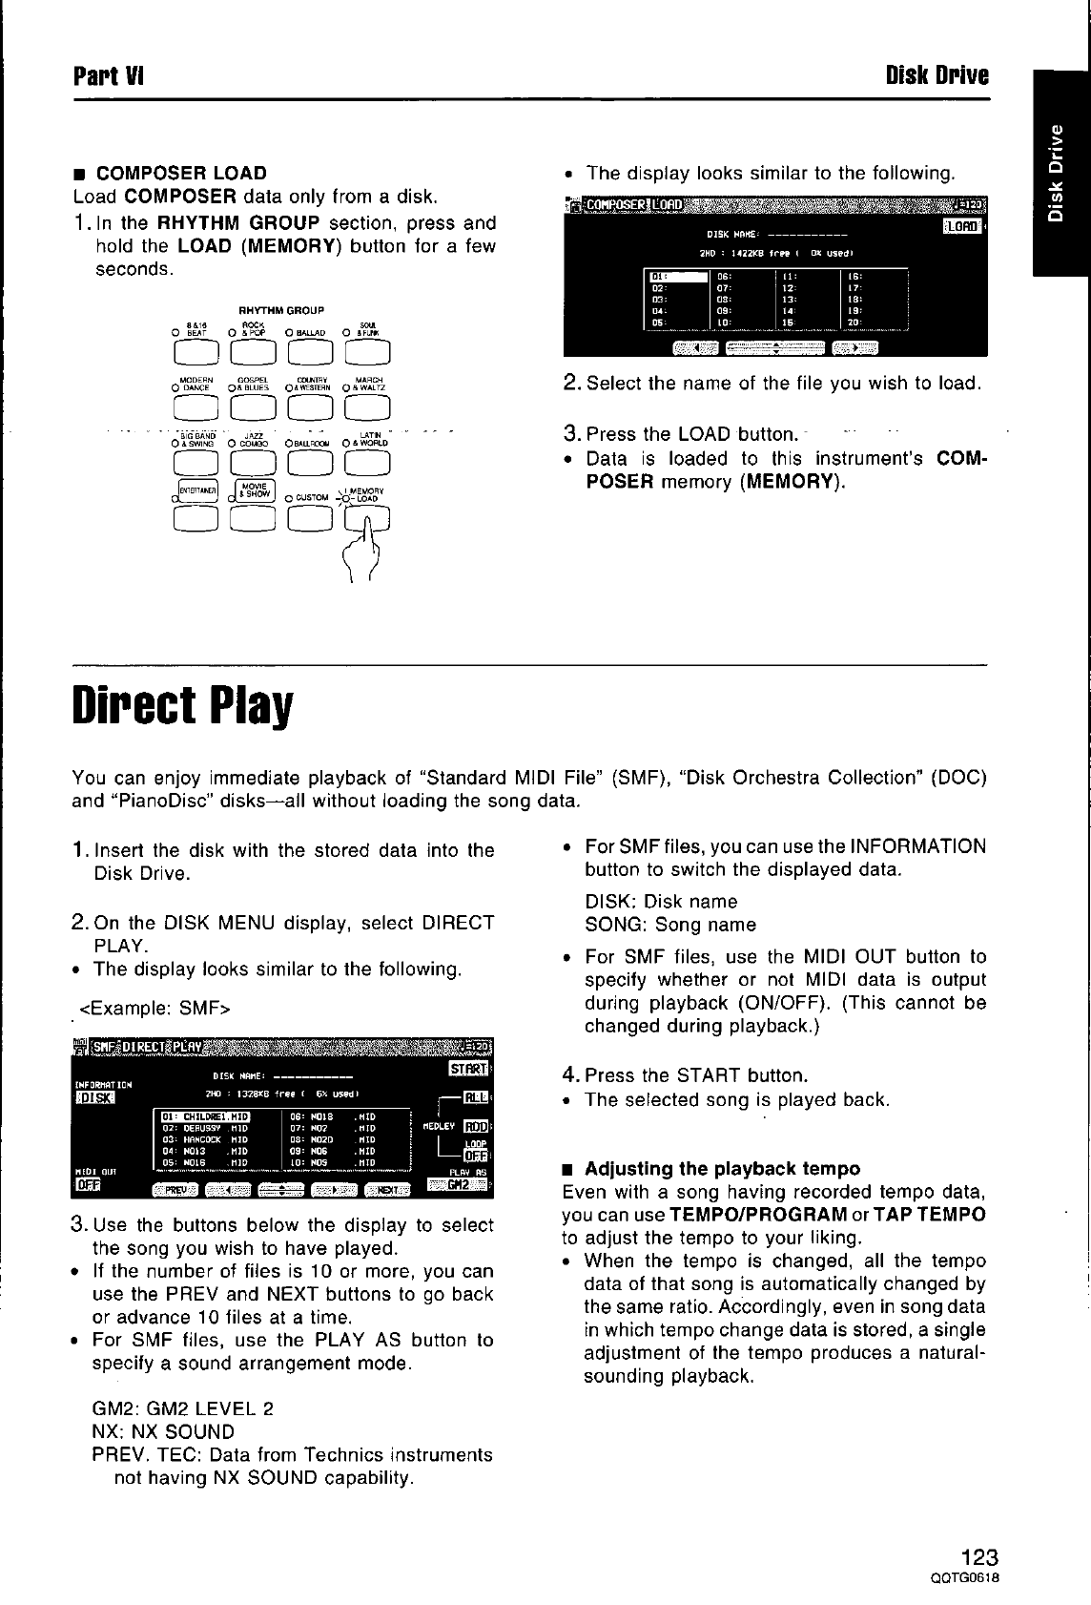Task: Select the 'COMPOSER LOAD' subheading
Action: (181, 173)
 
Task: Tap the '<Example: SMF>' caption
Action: (154, 1009)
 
